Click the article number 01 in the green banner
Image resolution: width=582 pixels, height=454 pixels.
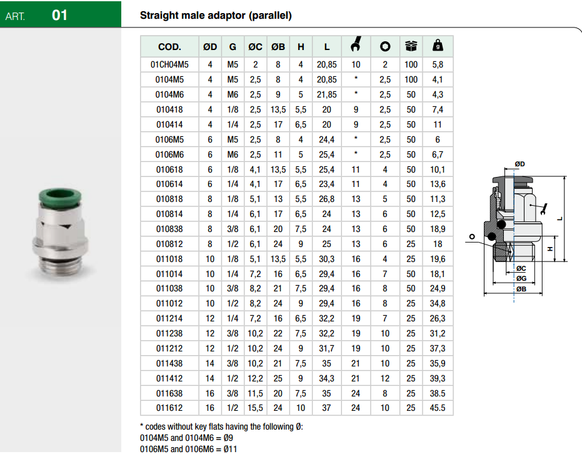tap(59, 15)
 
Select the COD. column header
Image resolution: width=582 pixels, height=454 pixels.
tap(169, 47)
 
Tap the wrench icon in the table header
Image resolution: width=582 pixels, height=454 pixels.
tap(356, 44)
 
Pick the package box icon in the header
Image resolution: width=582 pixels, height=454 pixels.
tap(411, 46)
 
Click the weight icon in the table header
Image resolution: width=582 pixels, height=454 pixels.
tap(438, 45)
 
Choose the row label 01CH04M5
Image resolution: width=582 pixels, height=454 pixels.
tap(169, 64)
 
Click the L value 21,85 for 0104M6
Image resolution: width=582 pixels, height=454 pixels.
tap(326, 94)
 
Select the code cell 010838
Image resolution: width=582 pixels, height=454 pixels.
tap(169, 229)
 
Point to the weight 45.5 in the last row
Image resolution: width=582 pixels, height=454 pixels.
tap(438, 408)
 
